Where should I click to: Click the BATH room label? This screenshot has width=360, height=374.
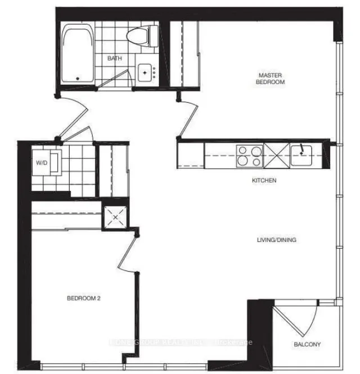tap(114, 58)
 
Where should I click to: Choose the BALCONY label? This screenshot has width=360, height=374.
tap(306, 344)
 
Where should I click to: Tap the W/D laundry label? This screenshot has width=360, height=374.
tap(42, 164)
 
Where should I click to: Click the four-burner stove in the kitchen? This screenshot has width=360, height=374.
tap(250, 155)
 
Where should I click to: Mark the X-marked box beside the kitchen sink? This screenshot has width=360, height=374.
tap(277, 155)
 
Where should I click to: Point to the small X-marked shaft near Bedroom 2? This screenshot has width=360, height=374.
tap(115, 217)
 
